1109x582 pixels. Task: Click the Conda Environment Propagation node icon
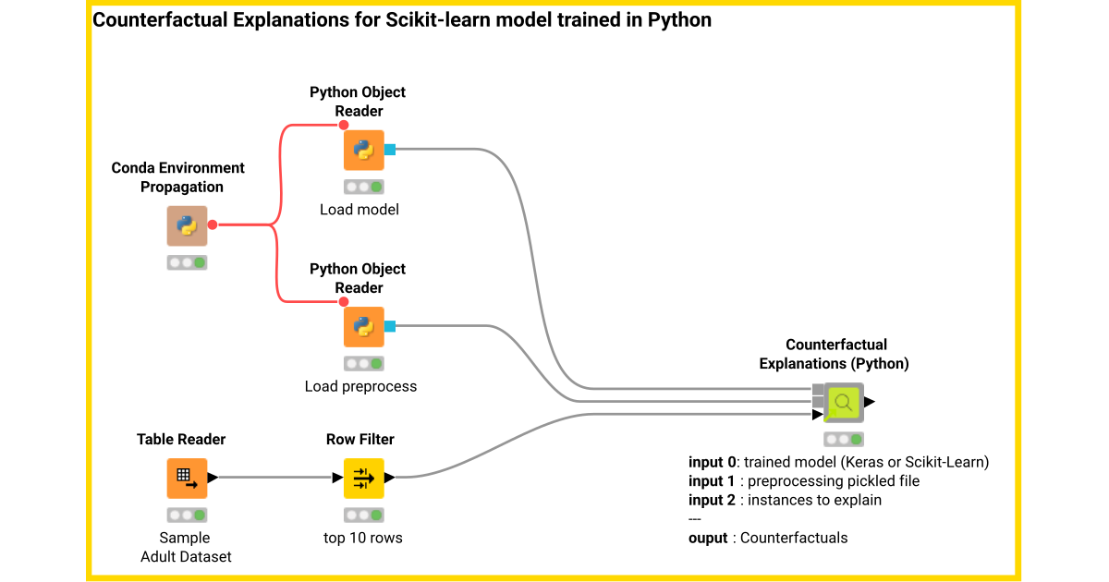tap(187, 225)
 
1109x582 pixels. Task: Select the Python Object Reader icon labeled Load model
tap(363, 150)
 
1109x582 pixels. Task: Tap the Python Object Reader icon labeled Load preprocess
tap(363, 326)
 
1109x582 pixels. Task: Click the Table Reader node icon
tap(187, 478)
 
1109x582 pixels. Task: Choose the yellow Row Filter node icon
tap(363, 478)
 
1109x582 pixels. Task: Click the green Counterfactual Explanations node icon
tap(843, 402)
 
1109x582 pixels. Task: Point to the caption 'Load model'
tap(360, 210)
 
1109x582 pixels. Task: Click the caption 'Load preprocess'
tap(360, 386)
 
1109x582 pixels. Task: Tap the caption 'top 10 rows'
tap(363, 538)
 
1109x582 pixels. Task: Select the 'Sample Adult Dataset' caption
tap(186, 547)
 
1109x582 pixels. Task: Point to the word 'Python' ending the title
tap(682, 19)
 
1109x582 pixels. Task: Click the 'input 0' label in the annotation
tap(713, 462)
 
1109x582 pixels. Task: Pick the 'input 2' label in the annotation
tap(713, 500)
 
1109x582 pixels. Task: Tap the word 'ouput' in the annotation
tap(708, 538)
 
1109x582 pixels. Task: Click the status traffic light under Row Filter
tap(363, 515)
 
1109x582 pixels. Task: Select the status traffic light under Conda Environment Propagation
tap(187, 262)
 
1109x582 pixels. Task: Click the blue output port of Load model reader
tap(390, 150)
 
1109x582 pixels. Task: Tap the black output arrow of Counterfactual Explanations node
tap(870, 402)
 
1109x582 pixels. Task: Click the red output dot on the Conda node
tap(213, 224)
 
